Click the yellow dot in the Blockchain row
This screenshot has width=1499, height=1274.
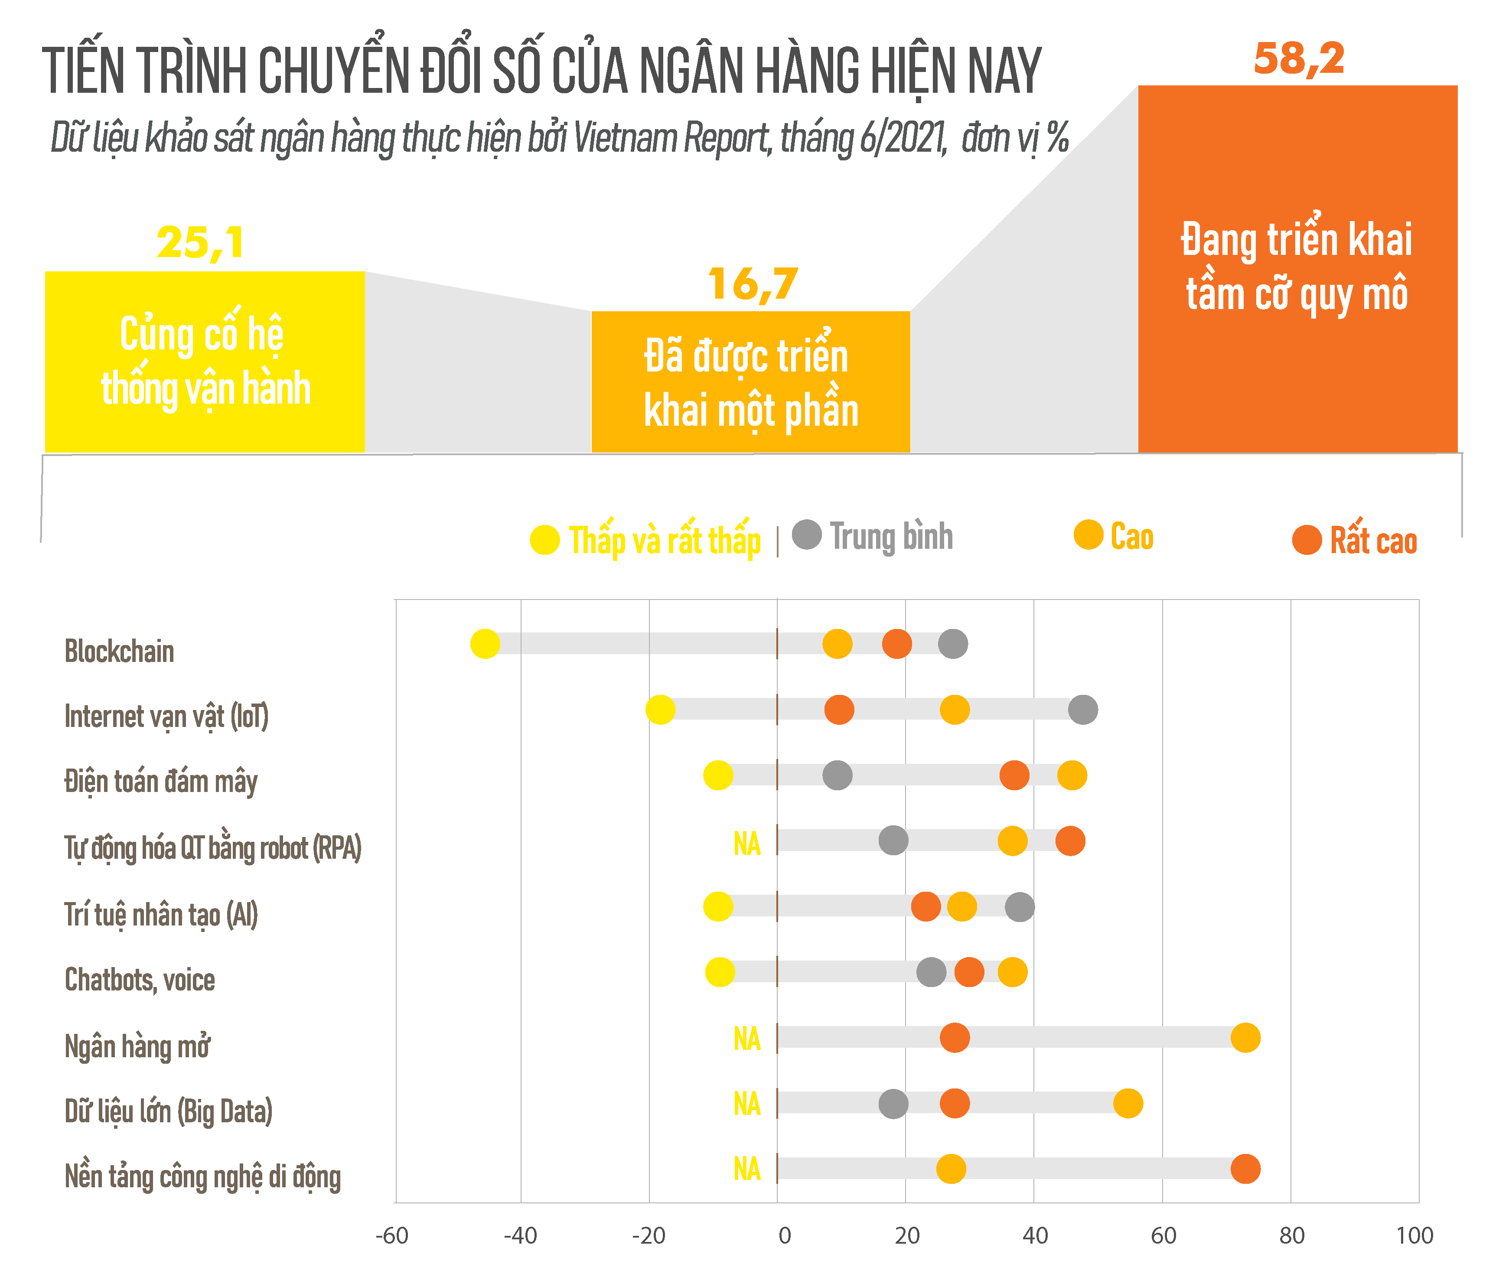coord(485,643)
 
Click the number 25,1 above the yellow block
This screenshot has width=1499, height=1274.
coord(201,243)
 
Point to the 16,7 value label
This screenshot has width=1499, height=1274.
coord(753,284)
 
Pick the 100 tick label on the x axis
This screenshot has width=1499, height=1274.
coord(1414,1236)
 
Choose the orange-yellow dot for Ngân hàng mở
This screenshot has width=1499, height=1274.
coord(1245,1038)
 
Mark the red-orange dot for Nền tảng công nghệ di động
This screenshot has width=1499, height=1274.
coord(1245,1169)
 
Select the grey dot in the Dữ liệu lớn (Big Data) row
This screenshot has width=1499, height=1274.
coord(893,1104)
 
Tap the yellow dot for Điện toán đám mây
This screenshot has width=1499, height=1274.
coord(718,775)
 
